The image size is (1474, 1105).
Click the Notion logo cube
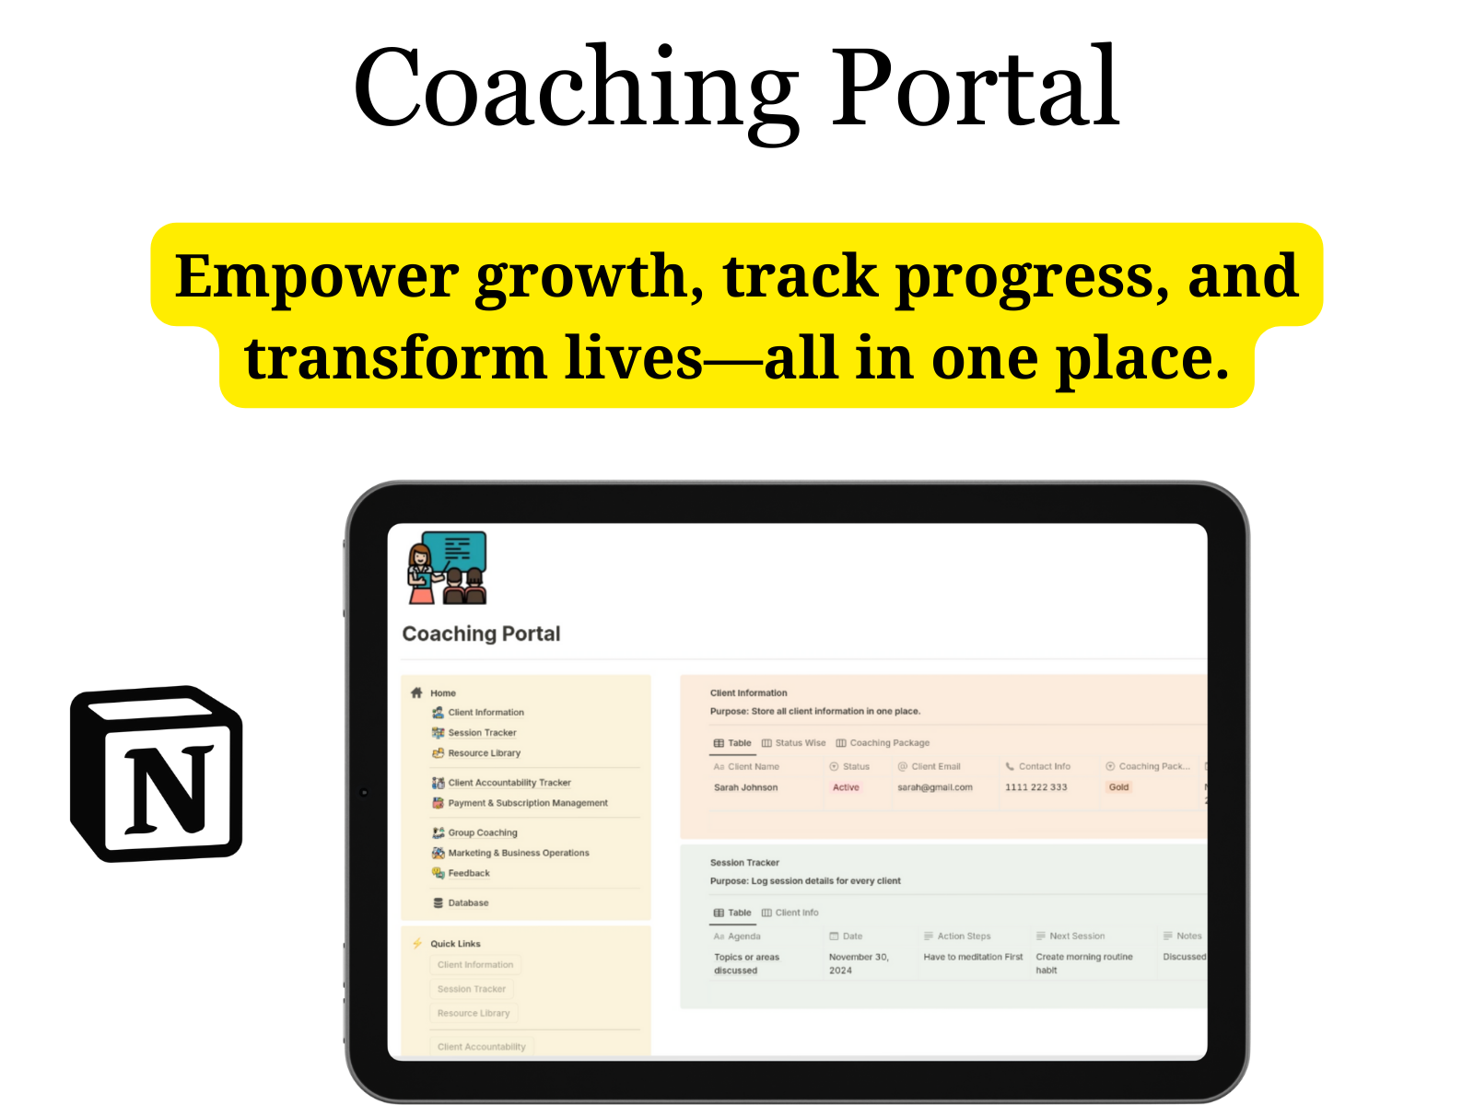tap(158, 773)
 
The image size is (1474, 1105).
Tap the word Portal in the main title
tap(974, 88)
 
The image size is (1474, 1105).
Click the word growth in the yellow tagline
tap(590, 276)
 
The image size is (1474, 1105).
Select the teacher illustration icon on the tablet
tap(448, 567)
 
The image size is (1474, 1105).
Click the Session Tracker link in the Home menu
tap(482, 733)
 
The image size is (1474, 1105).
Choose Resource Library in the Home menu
tap(484, 753)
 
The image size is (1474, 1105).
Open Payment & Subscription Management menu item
tap(527, 803)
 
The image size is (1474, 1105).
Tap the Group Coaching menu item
tap(482, 832)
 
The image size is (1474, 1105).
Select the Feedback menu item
tap(468, 873)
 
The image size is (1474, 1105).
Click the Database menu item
tap(468, 902)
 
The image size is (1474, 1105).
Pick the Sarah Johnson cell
tap(745, 787)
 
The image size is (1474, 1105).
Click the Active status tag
tap(846, 787)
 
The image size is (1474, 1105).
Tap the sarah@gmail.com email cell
tap(934, 787)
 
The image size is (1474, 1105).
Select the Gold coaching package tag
tap(1118, 787)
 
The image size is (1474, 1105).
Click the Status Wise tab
tap(800, 743)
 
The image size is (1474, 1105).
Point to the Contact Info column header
tap(1044, 766)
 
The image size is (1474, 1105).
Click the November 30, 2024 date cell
tap(859, 963)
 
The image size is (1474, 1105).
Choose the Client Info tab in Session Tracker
tap(796, 913)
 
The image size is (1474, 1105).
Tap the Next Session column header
tap(1076, 936)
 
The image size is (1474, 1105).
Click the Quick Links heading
tap(455, 944)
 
